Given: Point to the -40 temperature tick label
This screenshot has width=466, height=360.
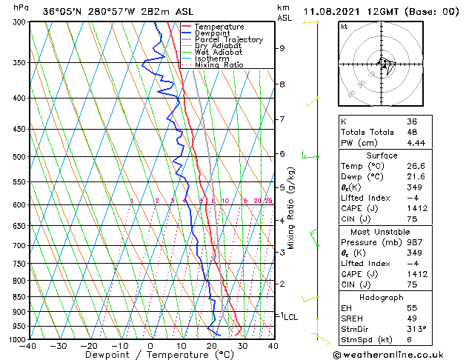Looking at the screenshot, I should click(28, 346).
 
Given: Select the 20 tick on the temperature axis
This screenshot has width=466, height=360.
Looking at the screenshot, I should click(211, 346).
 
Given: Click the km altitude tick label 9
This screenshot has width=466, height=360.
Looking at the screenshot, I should click(282, 48).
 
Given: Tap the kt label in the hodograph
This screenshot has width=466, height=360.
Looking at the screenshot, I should click(344, 26).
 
